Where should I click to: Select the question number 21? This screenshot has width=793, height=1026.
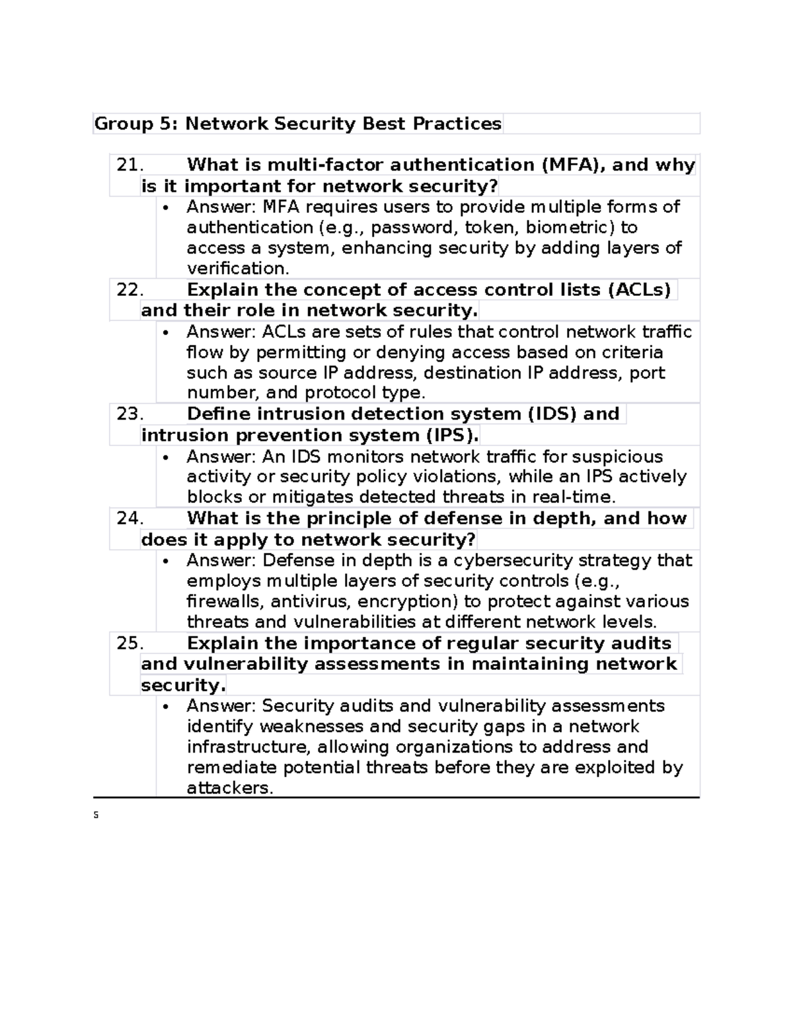point(130,165)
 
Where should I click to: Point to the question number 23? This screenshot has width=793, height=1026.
point(130,414)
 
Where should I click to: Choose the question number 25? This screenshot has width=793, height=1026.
point(130,643)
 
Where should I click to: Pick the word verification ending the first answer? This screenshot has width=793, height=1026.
point(237,269)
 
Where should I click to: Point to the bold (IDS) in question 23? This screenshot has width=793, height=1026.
point(552,414)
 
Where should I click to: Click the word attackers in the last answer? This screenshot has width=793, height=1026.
point(229,788)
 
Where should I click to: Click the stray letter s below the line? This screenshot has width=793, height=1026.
point(96,816)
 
